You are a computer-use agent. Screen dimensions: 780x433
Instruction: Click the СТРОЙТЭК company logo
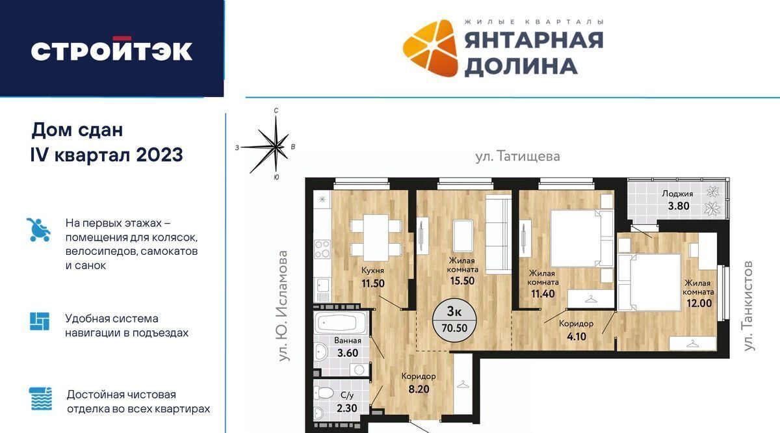pyautogui.click(x=111, y=49)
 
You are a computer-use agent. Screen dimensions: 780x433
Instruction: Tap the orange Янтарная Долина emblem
pyautogui.click(x=430, y=47)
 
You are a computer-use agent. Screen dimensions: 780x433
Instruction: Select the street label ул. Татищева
pyautogui.click(x=518, y=157)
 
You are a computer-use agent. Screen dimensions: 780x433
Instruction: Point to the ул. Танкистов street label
pyautogui.click(x=748, y=306)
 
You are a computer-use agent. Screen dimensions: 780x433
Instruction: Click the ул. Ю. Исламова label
pyautogui.click(x=284, y=306)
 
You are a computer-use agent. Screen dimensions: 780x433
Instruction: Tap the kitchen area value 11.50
pyautogui.click(x=373, y=283)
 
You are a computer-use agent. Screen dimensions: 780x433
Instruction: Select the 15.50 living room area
pyautogui.click(x=462, y=281)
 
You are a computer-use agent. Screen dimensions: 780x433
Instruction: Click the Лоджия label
pyautogui.click(x=677, y=194)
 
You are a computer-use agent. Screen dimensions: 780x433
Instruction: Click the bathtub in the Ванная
pyautogui.click(x=341, y=323)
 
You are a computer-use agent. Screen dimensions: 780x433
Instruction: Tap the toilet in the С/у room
pyautogui.click(x=323, y=393)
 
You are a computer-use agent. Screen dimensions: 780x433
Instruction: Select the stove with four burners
pyautogui.click(x=322, y=249)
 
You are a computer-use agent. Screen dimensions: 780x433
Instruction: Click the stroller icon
pyautogui.click(x=39, y=230)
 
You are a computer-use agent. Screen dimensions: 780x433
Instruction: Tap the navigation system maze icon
pyautogui.click(x=40, y=321)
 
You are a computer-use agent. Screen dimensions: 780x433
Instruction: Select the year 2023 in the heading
pyautogui.click(x=159, y=155)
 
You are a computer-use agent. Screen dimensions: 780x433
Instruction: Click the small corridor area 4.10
pyautogui.click(x=577, y=337)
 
